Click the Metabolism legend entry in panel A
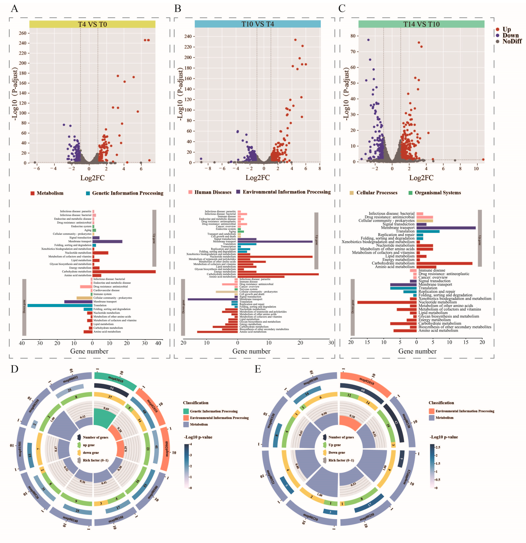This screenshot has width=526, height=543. (50, 193)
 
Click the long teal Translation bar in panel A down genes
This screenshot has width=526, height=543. (60, 305)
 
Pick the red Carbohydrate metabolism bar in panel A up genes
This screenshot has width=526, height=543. (124, 271)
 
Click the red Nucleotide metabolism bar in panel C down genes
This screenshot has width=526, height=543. (387, 302)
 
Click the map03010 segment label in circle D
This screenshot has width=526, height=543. (116, 379)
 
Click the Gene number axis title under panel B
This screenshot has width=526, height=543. (251, 351)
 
